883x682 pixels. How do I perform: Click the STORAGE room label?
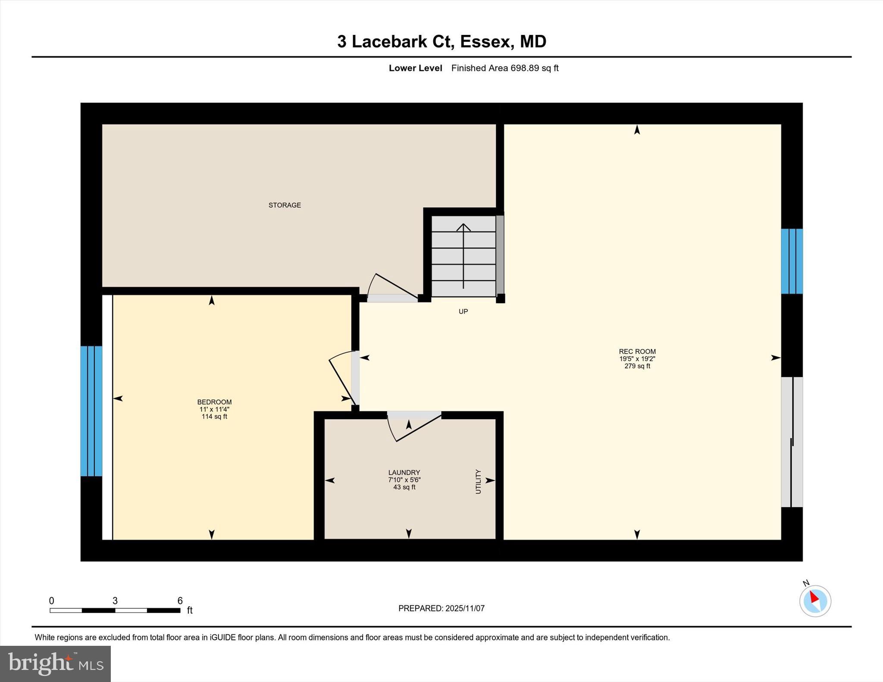285,205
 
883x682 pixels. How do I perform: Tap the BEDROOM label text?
214,402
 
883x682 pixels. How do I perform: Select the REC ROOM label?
637,352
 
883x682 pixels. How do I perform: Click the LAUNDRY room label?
404,473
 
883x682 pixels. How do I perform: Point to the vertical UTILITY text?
478,481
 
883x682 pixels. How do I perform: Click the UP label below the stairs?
463,311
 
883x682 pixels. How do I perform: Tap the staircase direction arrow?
463,254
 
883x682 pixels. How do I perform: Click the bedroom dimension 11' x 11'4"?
214,409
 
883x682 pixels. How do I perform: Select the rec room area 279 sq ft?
637,366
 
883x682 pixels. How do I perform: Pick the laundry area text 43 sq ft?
404,487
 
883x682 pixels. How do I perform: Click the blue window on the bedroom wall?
91,411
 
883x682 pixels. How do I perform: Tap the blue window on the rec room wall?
792,261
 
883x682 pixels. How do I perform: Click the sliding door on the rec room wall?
792,442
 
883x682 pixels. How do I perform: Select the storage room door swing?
390,288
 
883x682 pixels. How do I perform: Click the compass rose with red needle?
815,601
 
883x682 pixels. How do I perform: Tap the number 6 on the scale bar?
180,601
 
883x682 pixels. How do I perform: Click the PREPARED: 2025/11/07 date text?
441,608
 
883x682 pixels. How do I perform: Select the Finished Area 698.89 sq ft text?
504,68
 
